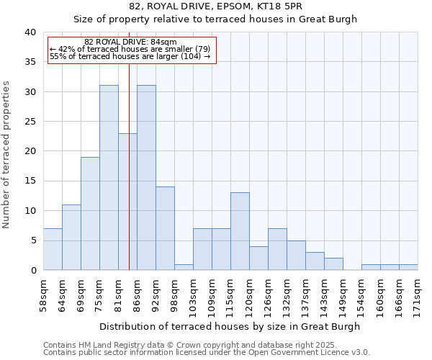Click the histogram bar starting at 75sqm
pos(109,178)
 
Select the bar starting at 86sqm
pos(146,178)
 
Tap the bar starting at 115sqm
pos(240,231)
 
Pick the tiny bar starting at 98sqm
pos(184,267)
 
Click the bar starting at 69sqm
pos(90,213)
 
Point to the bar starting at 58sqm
pos(53,249)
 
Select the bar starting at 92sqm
pos(165,228)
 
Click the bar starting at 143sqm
pos(333,264)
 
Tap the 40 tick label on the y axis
pos(30,32)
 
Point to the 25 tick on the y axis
pos(30,122)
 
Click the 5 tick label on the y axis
pos(33,240)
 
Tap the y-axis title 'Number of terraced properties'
pos(7,154)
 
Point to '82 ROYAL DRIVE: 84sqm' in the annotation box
pos(130,42)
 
